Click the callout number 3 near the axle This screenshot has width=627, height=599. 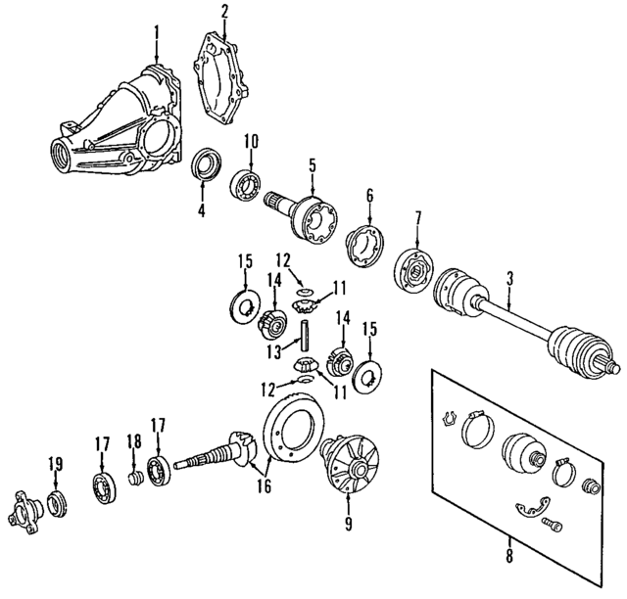[511, 279]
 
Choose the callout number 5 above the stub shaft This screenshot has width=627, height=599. [312, 165]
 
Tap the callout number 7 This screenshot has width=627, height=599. [417, 216]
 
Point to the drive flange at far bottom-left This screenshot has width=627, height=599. [27, 510]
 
